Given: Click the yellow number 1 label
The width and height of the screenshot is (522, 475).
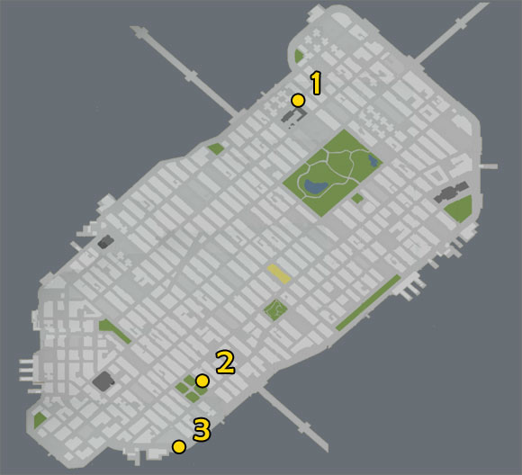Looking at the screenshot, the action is (316, 83).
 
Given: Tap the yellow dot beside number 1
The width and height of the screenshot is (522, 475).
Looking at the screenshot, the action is (298, 101).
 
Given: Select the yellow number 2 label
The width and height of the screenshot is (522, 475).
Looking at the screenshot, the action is (225, 362).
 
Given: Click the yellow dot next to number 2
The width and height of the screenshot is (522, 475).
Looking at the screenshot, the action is (202, 381).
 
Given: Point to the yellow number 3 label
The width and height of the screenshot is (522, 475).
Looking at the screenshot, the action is (202, 430).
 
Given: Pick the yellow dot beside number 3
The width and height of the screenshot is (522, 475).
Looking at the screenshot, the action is (179, 446).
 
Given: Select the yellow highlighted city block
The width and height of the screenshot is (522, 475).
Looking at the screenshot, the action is (279, 274).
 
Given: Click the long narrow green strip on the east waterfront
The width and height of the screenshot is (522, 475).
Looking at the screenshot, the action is (368, 302).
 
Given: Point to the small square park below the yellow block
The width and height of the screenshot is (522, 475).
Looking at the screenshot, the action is (275, 310).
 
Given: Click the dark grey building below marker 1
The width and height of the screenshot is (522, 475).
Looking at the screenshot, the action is (292, 116).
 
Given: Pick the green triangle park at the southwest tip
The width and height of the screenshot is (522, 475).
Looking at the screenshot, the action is (40, 420).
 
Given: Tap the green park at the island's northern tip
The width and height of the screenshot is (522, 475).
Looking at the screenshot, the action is (298, 57).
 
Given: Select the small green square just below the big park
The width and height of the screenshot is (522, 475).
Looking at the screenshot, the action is (357, 198).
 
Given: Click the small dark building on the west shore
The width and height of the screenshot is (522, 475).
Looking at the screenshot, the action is (105, 241).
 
